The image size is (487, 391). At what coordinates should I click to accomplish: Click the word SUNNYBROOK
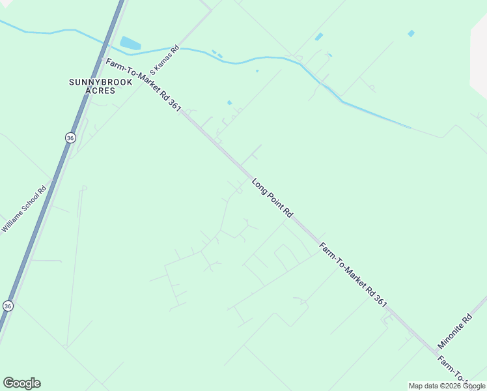101,82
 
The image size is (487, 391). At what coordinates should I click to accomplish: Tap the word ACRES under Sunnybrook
101,91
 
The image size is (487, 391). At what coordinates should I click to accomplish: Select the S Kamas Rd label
164,60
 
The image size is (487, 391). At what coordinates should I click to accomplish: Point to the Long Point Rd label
273,197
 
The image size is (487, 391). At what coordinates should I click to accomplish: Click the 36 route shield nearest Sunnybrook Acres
70,138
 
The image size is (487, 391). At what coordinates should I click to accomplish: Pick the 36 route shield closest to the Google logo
8,306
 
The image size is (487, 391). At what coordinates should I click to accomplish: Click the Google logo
21,383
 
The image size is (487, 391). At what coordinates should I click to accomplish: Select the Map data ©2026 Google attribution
446,386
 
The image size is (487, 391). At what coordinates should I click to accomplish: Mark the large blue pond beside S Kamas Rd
130,44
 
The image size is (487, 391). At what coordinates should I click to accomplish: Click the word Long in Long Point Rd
260,185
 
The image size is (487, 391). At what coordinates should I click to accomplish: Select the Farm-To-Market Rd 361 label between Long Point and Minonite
354,274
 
